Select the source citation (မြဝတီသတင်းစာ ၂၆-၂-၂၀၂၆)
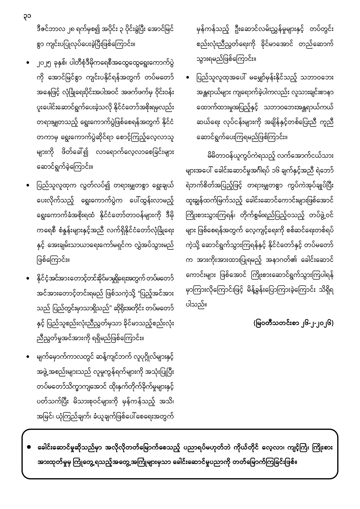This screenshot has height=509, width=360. pyautogui.click(x=293, y=323)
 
